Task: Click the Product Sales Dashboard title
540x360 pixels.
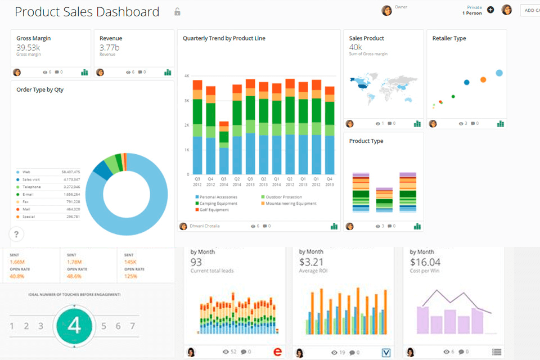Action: pos(87,12)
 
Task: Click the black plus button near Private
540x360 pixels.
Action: pos(490,10)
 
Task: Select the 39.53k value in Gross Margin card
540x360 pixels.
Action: pos(28,47)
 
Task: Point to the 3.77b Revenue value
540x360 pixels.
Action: pos(109,47)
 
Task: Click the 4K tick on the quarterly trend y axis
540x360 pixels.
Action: pos(187,75)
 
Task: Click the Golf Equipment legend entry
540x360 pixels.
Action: pos(214,210)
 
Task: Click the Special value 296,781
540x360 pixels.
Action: pos(73,217)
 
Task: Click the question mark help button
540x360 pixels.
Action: pos(16,235)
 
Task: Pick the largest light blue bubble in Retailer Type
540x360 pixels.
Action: pos(499,73)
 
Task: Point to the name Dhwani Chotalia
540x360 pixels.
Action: pos(204,226)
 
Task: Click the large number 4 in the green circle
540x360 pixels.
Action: pos(74,326)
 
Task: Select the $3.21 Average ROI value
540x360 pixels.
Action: pos(311,262)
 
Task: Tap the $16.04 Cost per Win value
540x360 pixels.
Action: pos(425,262)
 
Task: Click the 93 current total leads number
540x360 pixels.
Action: pos(196,262)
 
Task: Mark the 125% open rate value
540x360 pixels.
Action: pos(130,276)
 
